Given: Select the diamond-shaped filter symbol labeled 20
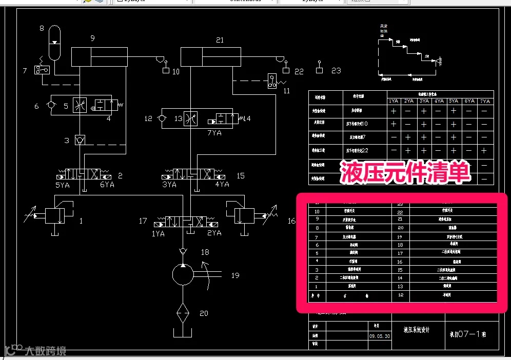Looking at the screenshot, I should [183, 313].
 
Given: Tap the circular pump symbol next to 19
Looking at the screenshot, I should [183, 274].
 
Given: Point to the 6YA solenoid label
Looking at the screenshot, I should [107, 185].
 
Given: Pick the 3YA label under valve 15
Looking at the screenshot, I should [169, 185].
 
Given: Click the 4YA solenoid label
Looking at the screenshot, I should [222, 185].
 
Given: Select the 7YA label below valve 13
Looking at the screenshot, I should [214, 132].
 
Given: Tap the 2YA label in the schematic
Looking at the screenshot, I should [214, 233].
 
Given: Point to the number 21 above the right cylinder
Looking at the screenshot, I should [220, 40].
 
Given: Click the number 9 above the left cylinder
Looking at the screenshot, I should [92, 38].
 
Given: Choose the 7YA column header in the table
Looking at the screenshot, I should [485, 101].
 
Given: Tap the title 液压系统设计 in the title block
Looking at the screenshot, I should [416, 330].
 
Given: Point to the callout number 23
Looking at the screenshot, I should [336, 70].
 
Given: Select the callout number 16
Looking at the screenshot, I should [292, 221].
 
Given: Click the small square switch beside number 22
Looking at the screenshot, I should [286, 70].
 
